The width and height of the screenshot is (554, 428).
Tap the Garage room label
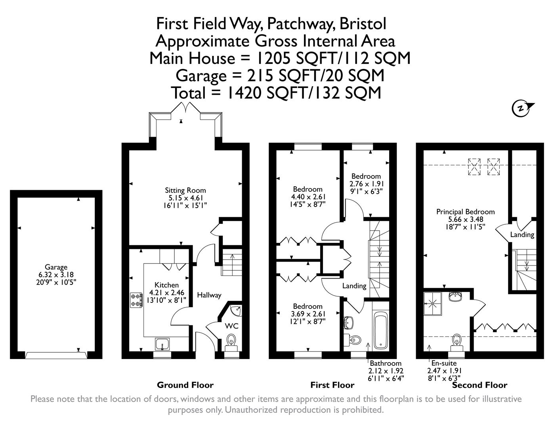coord(56,267)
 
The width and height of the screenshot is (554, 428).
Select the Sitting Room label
coord(185,190)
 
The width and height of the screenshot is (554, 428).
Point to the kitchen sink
coord(163,344)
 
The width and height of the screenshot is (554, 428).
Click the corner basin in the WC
coord(237,311)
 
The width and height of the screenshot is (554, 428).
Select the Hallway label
coord(209,295)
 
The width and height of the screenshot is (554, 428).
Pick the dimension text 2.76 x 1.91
coord(367,184)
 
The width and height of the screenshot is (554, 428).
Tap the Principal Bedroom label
coord(465,212)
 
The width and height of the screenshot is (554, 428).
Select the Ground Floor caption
coord(185,385)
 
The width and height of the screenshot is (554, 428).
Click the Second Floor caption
coord(479,385)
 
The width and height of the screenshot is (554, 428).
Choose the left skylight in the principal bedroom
coord(474,166)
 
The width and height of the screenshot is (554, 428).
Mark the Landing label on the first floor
coord(354,286)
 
